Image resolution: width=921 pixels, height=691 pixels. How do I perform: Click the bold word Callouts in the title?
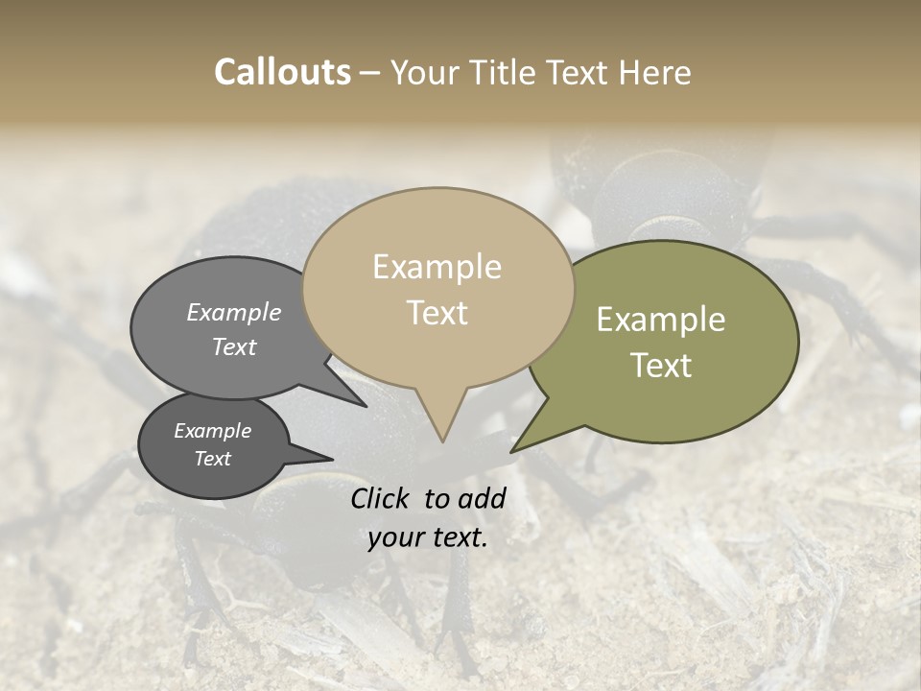pos(282,72)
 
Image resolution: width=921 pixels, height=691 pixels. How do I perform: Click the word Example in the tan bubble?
pos(437,267)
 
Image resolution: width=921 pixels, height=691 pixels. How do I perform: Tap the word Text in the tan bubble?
pos(437,313)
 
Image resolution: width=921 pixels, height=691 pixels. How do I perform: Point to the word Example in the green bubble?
pos(661,320)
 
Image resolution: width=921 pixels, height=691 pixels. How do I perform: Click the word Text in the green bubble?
pos(661,366)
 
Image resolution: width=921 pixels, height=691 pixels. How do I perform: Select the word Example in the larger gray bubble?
pos(234,312)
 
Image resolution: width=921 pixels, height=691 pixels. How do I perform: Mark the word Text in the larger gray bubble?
pos(234,346)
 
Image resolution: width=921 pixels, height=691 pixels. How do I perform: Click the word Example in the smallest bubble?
pos(212,431)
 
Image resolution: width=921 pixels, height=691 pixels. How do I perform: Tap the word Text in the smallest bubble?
pos(212,459)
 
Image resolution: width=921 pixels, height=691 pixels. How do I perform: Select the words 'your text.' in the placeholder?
pos(428,537)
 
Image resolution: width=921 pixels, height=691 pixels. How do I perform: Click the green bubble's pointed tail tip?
pos(512,451)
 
